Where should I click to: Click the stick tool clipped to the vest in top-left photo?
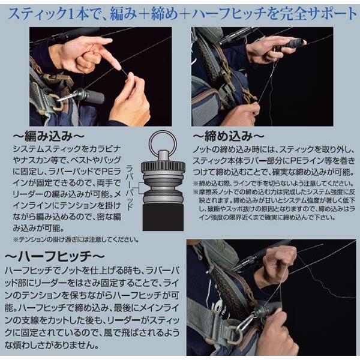tap(84, 96)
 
